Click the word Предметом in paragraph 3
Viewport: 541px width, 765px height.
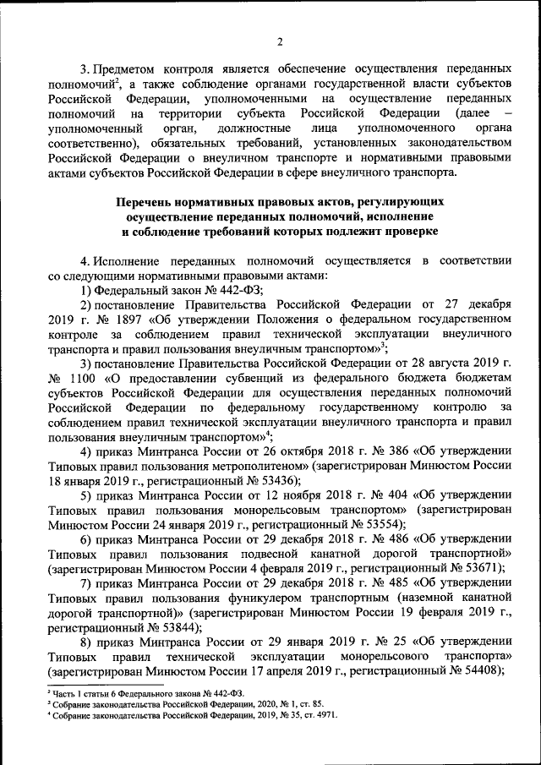(127, 67)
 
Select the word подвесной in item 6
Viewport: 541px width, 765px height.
(234, 553)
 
